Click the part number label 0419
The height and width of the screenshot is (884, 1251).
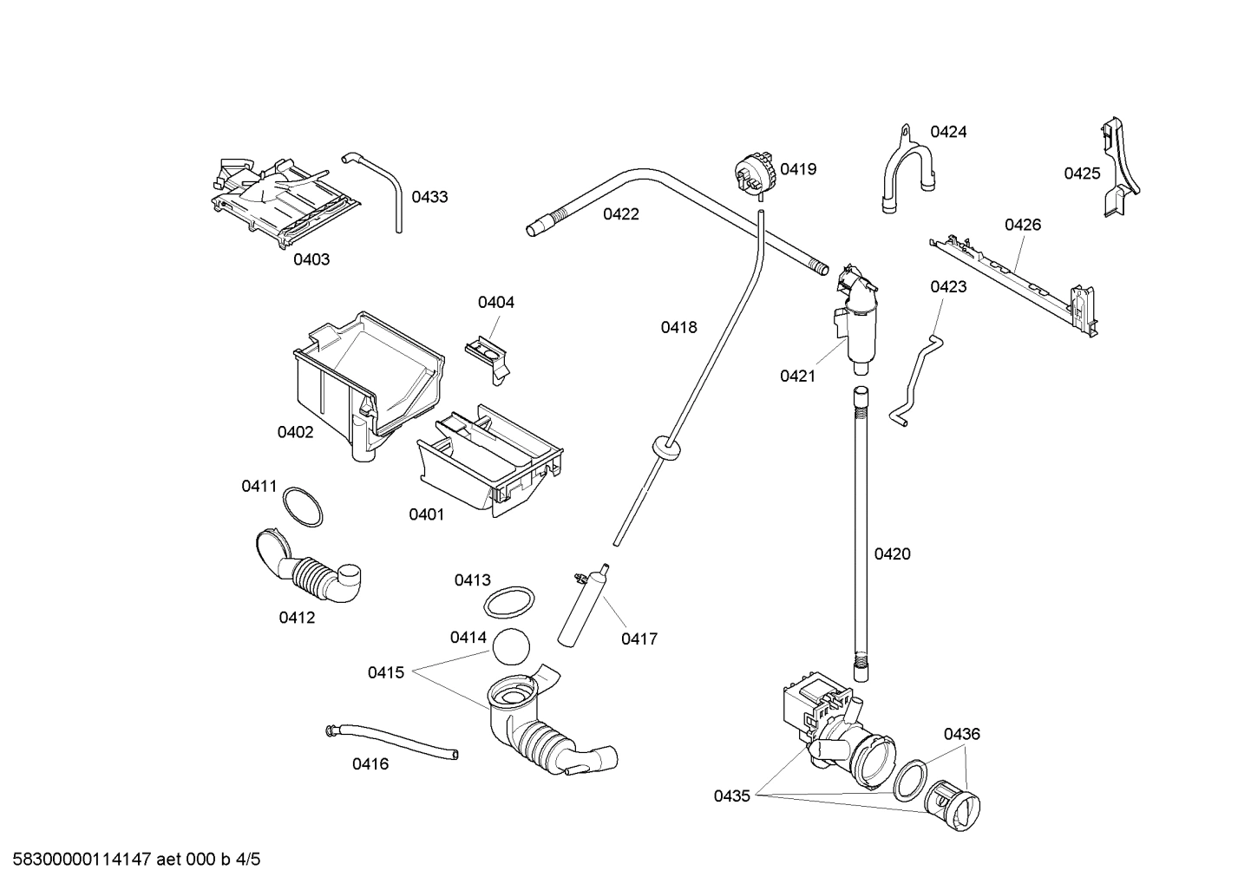click(797, 169)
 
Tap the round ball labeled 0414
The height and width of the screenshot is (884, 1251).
click(511, 646)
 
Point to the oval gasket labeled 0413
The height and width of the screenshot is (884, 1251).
click(508, 602)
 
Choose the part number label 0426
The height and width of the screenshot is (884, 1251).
click(1023, 225)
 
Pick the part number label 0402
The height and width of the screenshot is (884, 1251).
click(295, 432)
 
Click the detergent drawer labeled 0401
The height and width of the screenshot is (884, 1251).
click(490, 460)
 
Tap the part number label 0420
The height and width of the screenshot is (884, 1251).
click(892, 554)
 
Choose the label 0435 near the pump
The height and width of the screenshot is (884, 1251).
click(731, 795)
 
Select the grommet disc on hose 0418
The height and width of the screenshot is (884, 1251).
click(665, 448)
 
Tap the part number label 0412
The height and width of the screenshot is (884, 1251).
click(297, 618)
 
